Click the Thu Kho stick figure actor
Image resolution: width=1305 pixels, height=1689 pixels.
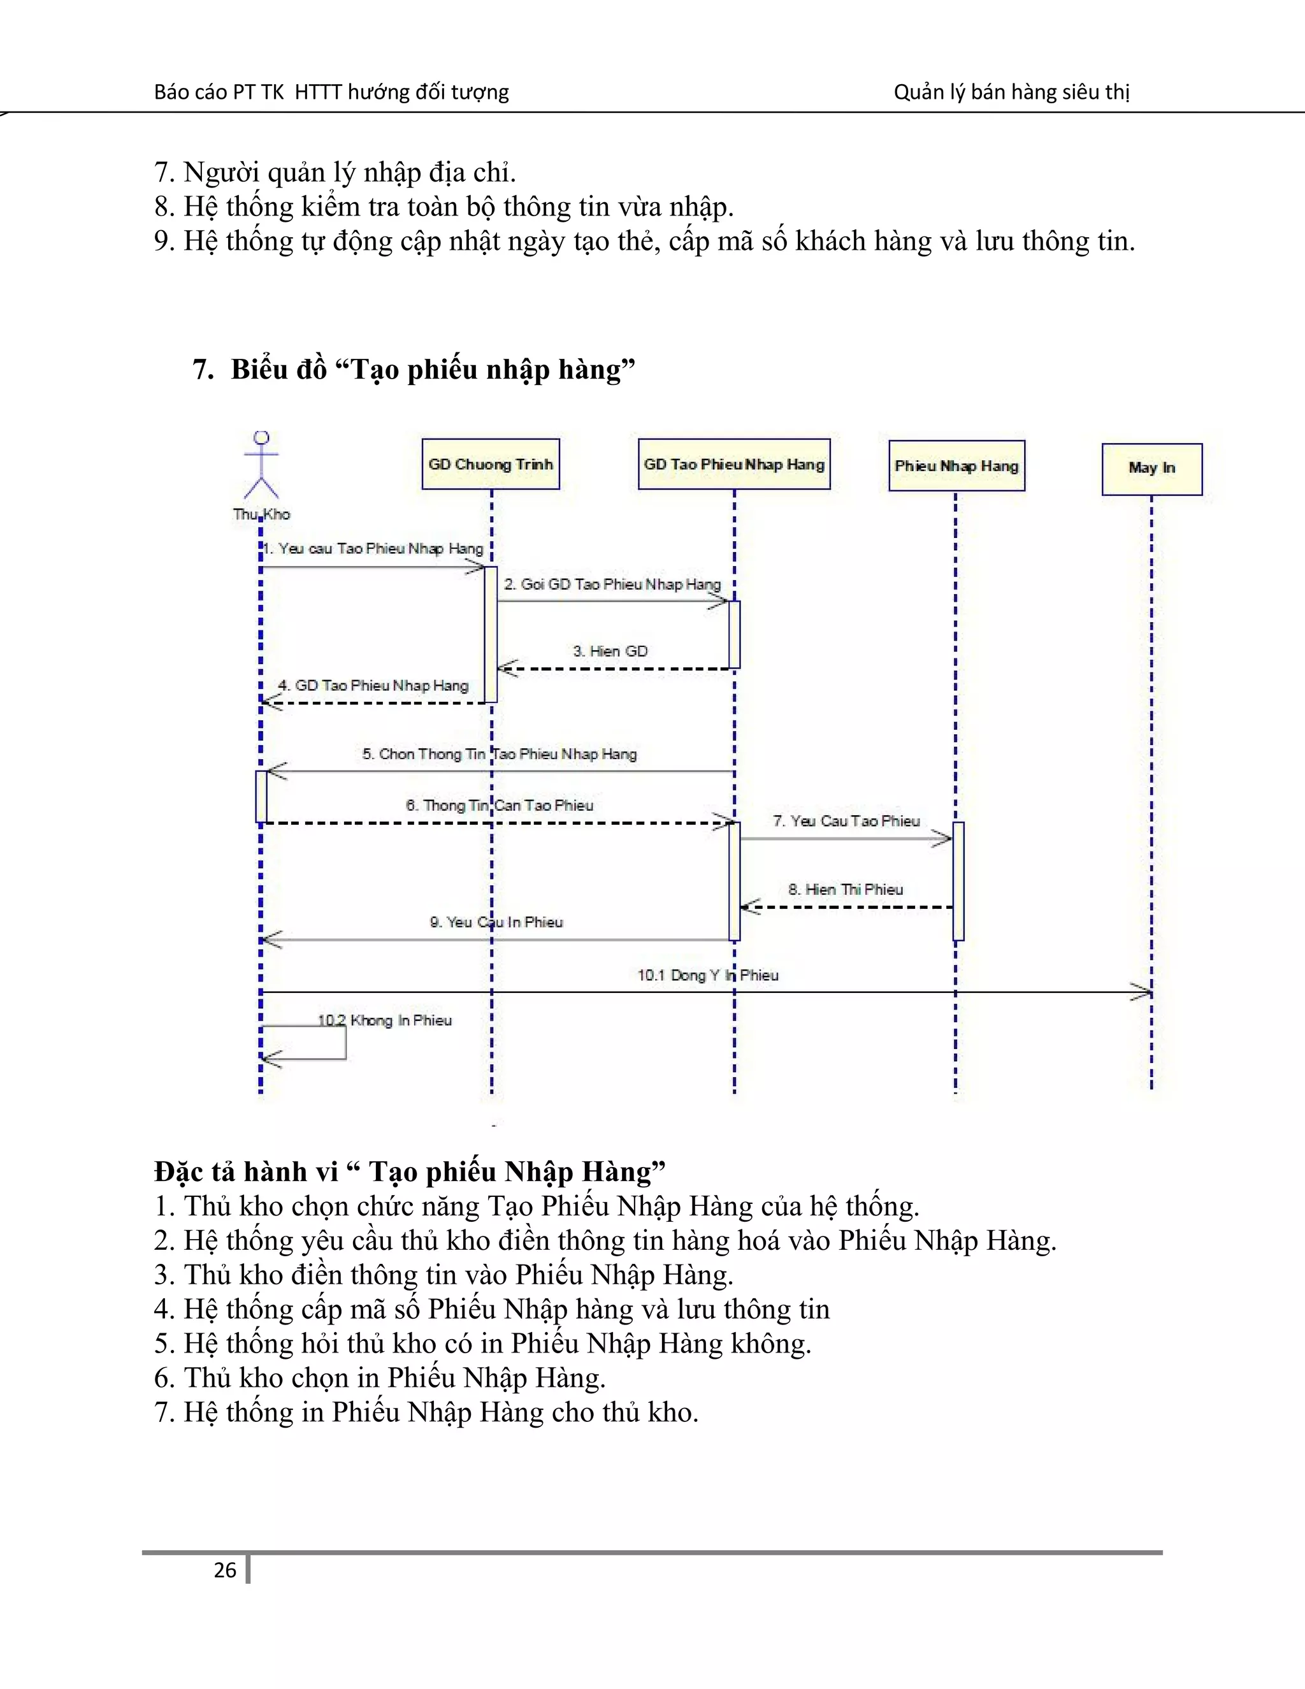tap(261, 465)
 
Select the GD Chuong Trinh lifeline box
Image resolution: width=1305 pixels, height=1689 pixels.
tap(490, 465)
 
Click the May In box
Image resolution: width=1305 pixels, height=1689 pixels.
tap(1151, 468)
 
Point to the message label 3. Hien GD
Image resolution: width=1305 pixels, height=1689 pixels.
tap(610, 651)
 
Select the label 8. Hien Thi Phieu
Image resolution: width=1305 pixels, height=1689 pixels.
tap(845, 889)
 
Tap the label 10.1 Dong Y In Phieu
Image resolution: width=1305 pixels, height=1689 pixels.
tap(707, 975)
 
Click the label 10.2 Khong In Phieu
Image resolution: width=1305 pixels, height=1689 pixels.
tap(384, 1020)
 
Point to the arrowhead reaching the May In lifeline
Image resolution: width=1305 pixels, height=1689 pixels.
tap(1142, 992)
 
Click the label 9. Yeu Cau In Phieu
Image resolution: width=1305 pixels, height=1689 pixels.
tap(496, 922)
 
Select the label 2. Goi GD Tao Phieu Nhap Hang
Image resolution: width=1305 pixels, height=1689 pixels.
tap(612, 584)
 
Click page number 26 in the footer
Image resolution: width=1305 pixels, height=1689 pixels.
tap(225, 1570)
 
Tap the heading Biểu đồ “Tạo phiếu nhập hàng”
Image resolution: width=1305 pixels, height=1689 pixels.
tap(414, 370)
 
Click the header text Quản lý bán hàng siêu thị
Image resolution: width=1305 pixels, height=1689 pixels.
tap(1011, 92)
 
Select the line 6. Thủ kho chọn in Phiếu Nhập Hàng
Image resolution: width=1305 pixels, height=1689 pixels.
tap(380, 1377)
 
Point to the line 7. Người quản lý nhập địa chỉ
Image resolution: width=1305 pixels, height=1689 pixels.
tap(335, 171)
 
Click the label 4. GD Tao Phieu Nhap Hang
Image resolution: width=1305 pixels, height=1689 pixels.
tap(373, 685)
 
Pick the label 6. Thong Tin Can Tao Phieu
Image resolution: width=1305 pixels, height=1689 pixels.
tap(500, 805)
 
